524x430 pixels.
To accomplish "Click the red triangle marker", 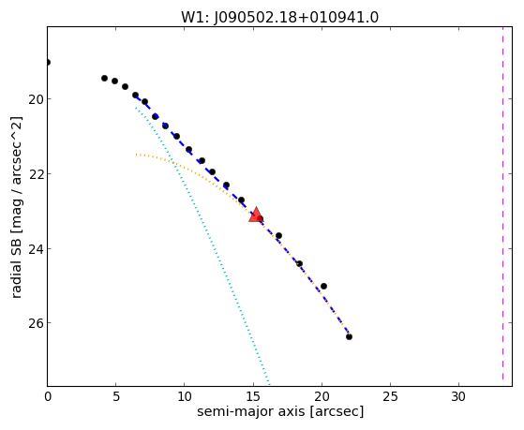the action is (256, 215).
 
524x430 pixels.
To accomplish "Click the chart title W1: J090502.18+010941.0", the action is (279, 18).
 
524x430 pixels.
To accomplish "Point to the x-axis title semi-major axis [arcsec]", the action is (280, 411).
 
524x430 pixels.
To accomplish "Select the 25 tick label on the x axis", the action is (390, 396).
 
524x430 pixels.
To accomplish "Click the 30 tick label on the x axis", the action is (458, 396).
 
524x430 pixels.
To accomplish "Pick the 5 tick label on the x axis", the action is (115, 396).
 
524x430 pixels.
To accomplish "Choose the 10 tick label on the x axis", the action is (184, 396).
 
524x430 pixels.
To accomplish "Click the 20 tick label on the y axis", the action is (36, 99).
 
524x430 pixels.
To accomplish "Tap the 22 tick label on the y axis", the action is (36, 174).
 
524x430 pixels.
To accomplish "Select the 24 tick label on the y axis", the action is (36, 249).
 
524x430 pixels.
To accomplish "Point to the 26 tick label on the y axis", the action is (36, 323).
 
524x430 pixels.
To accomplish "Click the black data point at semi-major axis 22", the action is (349, 336).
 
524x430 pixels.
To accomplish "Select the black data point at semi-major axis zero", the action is (48, 62).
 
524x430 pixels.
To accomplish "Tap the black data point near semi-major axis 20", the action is (323, 287).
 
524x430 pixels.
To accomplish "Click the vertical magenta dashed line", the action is (502, 204).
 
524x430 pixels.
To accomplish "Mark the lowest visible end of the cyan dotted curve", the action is (269, 383).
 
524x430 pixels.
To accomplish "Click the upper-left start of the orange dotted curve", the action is (136, 155).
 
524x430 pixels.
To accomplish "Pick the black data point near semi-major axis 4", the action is (104, 78).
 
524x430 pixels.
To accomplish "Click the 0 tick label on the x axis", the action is (48, 396).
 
